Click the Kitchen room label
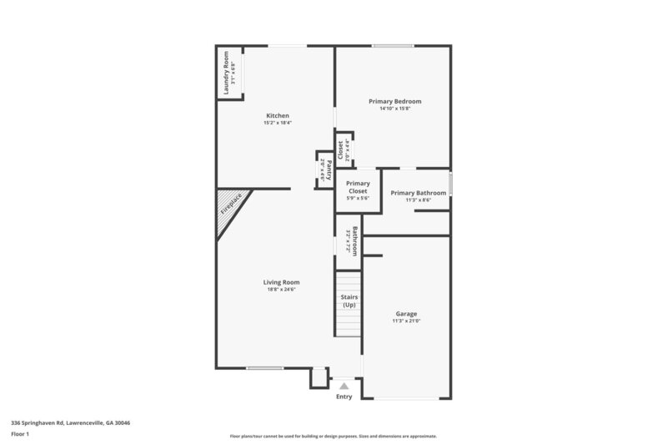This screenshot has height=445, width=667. coord(277,115)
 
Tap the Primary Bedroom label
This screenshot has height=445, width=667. coord(395,101)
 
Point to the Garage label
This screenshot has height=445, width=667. coord(406,314)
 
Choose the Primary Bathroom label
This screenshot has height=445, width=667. coord(419,193)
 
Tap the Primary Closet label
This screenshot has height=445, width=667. coord(358,187)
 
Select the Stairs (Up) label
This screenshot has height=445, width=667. coord(349,301)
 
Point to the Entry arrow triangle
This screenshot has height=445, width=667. coord(344,386)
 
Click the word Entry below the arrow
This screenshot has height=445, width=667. coord(344,397)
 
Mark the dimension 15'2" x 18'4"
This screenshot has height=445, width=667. coord(277,124)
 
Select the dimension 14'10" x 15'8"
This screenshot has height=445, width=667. coord(395,109)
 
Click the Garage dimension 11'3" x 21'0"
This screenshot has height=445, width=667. coord(406,321)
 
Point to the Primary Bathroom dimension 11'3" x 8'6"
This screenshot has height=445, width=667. coord(419,200)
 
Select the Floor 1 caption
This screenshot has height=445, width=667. coord(19,434)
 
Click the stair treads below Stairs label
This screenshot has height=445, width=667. coord(349,322)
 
